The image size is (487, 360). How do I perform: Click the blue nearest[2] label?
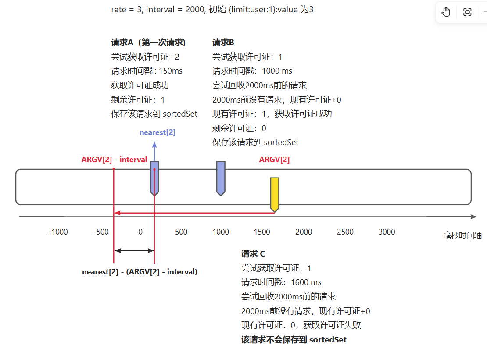coord(158,132)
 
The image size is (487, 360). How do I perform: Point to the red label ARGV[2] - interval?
coord(114,160)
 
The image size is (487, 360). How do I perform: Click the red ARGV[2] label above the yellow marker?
coord(274,160)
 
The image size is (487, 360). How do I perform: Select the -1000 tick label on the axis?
coord(58,232)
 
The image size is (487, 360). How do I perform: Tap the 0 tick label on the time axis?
coord(140,232)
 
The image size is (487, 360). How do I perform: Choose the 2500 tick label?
coord(345,232)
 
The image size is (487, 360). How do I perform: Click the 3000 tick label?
coord(387,232)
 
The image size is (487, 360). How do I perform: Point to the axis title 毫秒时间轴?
coord(462,235)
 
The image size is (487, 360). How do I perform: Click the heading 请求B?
coord(223,43)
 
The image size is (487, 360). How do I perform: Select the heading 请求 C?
coord(253,254)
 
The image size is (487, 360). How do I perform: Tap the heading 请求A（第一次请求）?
coord(148,43)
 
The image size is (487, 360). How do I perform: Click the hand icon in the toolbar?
coord(446,12)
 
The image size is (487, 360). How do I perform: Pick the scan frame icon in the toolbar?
coord(467,12)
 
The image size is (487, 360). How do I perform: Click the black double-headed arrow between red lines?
coord(134,250)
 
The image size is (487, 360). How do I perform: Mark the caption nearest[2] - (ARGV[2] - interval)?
coord(140,272)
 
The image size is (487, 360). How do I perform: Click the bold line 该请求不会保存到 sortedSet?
coord(294,339)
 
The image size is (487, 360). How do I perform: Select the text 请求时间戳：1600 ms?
coord(281,282)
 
